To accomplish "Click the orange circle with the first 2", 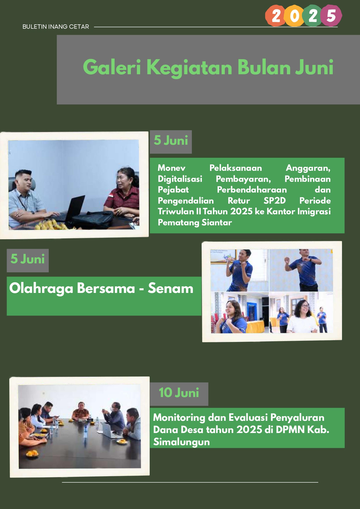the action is click(x=276, y=16).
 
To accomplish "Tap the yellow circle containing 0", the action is click(x=294, y=16).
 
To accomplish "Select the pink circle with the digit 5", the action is click(x=331, y=16).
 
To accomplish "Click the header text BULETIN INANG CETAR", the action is click(x=56, y=27).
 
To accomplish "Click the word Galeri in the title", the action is click(x=112, y=67).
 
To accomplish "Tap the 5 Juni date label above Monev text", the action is click(x=171, y=141).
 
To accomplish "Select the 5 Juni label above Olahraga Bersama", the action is click(x=28, y=259).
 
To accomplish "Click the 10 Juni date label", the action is click(x=179, y=393).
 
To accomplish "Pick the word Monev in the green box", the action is click(x=171, y=168).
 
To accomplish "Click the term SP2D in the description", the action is click(x=274, y=201).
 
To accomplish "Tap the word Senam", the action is click(x=171, y=288).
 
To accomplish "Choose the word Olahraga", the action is click(x=41, y=289).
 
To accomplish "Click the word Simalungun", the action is click(x=181, y=442).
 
